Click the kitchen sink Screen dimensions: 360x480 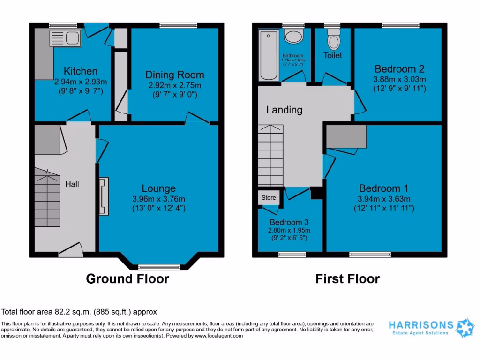[65, 38]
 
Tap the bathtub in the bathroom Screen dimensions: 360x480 [269, 55]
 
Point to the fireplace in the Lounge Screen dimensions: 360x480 [104, 196]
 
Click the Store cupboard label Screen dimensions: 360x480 [269, 198]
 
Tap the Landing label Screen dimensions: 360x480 [284, 110]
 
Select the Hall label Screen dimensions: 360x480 [72, 184]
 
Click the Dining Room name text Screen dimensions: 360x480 [174, 75]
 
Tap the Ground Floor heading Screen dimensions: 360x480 [127, 279]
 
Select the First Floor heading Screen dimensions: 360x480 [347, 279]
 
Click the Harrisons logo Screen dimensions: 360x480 [425, 327]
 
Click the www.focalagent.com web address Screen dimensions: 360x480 [219, 336]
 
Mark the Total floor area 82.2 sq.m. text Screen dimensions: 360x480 [79, 312]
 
